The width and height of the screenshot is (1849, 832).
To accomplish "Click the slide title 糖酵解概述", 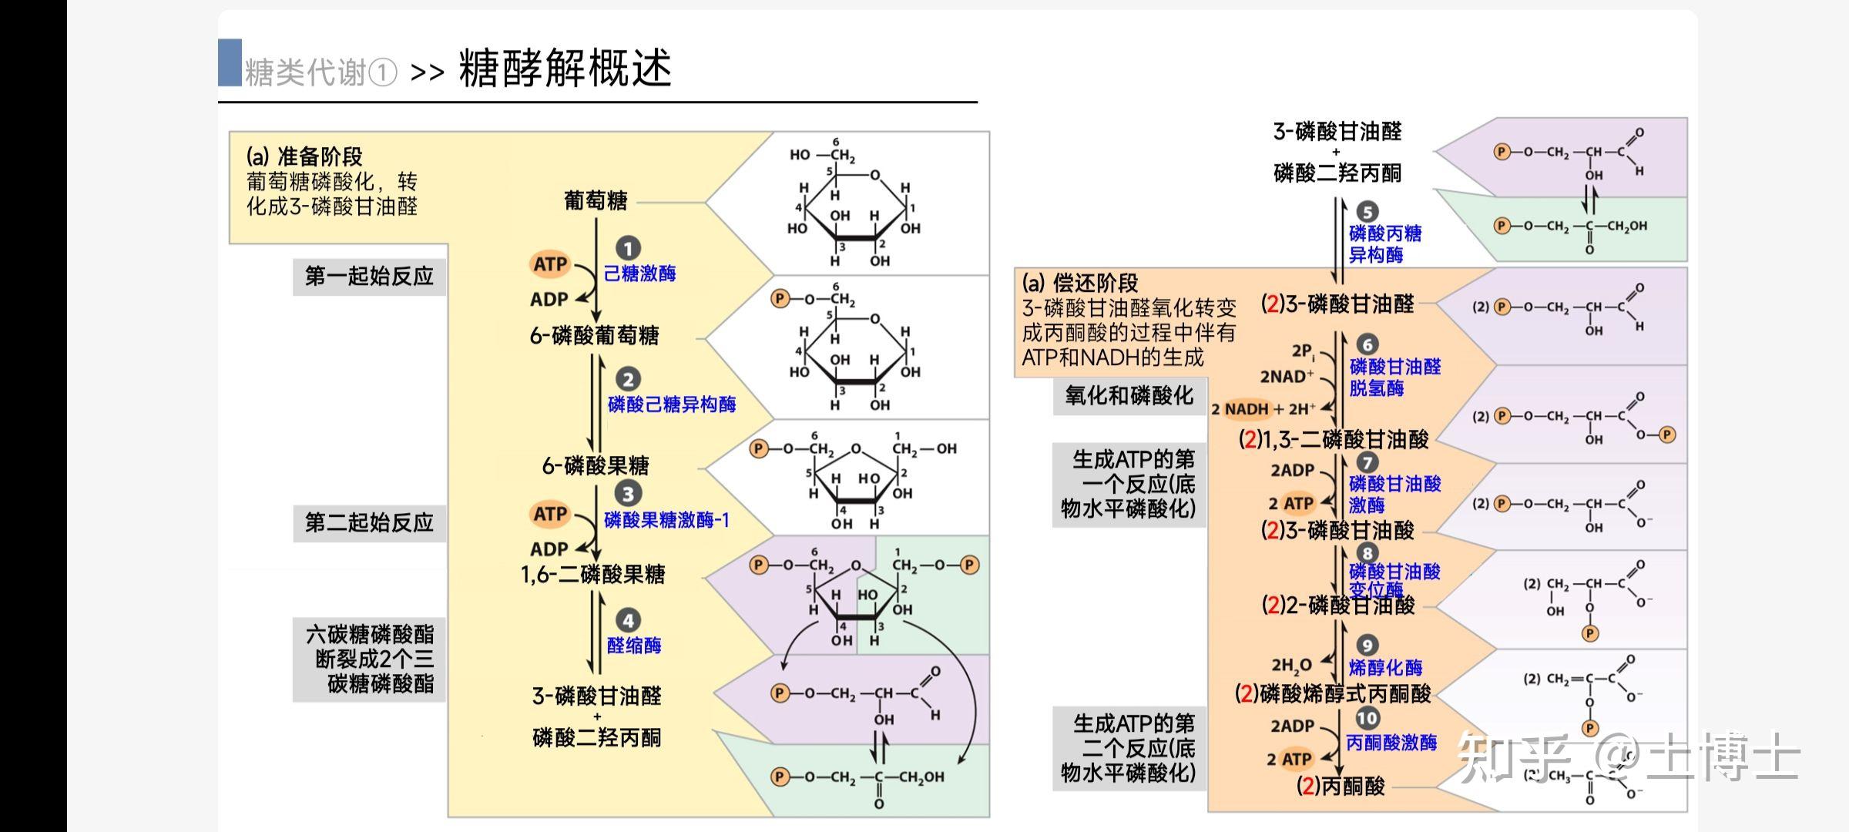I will coord(565,68).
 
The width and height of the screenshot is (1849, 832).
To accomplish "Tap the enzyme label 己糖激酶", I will coord(639,273).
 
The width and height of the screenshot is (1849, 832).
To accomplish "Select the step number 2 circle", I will coord(628,379).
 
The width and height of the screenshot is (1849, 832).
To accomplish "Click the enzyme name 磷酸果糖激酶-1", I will coord(666,520).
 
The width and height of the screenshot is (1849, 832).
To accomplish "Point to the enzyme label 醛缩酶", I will coord(634,646).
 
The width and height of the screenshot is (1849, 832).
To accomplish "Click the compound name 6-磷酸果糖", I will coord(596,466).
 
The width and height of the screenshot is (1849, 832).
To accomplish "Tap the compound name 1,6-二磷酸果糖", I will coord(592,575).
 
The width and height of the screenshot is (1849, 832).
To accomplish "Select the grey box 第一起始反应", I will coord(369,277).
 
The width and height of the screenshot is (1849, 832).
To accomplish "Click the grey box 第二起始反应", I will coord(369,523).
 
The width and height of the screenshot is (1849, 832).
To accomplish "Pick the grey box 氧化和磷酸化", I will coord(1129,396).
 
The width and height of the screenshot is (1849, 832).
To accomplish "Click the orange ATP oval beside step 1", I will coord(550,264).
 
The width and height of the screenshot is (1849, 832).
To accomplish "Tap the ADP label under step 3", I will coord(549,549).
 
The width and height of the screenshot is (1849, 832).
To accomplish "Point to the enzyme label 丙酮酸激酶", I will coord(1391,743).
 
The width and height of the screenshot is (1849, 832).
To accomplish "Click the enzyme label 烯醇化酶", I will coord(1385,668).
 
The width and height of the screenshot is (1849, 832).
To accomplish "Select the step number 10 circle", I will coord(1367,719).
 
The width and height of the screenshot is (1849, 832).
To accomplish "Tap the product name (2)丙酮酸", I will coord(1341,787).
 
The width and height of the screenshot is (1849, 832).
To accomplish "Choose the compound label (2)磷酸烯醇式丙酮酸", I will coord(1333,694).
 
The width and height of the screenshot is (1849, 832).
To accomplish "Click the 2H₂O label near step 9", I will coord(1291,665).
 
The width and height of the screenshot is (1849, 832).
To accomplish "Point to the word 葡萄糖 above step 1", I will coord(596,201).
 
